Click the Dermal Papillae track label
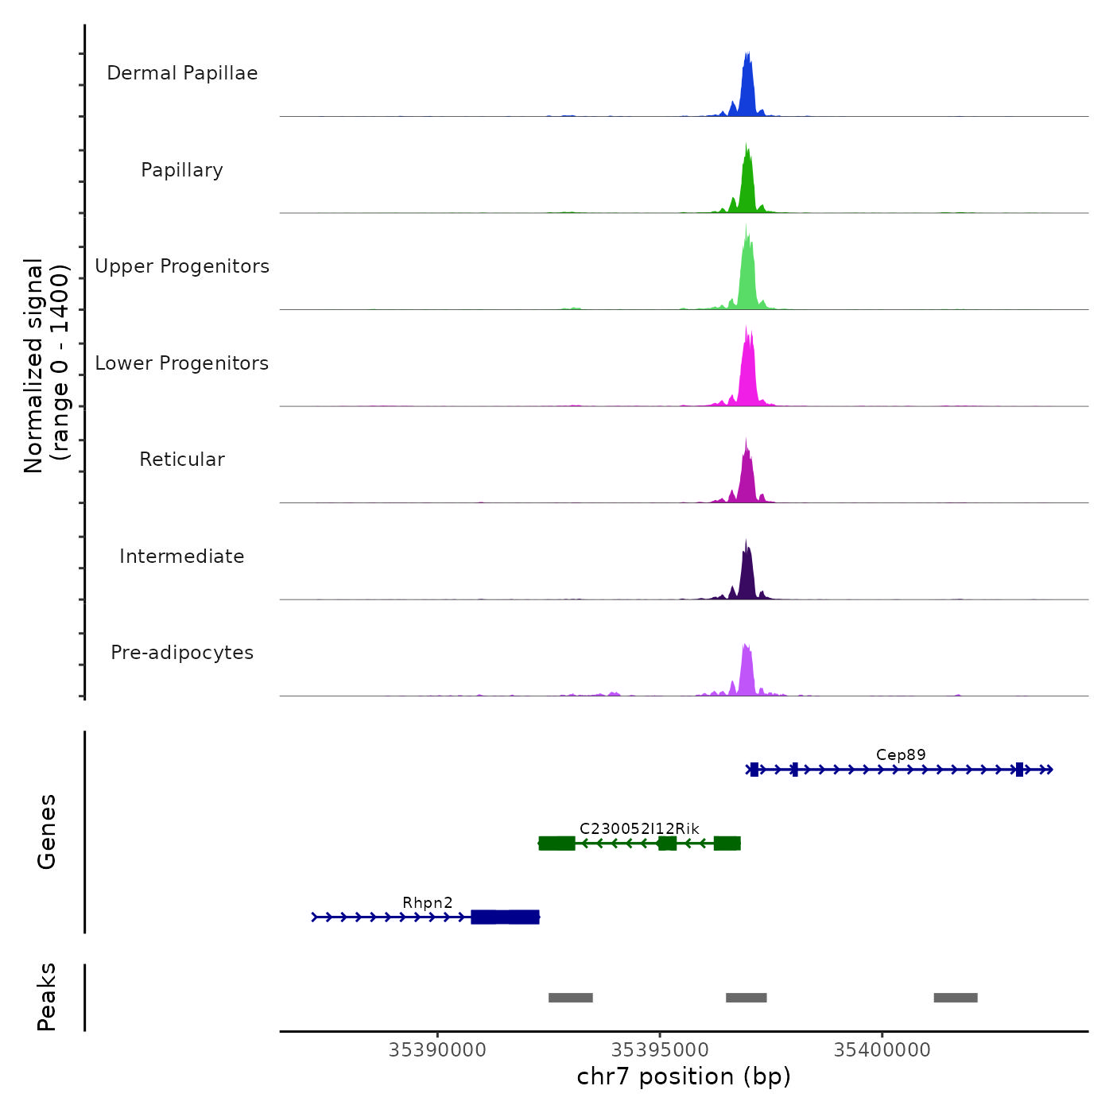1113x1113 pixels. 182,73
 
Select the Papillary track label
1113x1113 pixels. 182,170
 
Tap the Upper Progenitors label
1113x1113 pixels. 182,266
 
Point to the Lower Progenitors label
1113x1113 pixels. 182,363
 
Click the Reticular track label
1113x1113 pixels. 182,460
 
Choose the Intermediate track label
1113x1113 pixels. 182,556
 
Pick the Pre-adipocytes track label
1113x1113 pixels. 182,653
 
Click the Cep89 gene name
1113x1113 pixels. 901,755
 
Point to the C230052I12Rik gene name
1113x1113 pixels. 639,828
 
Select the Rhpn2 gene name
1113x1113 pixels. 428,903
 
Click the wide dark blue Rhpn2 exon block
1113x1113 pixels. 505,917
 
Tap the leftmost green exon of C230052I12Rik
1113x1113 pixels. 556,843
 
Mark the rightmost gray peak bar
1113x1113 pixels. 956,998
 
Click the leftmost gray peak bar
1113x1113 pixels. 571,998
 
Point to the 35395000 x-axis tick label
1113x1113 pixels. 660,1049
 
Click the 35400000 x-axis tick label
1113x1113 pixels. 882,1049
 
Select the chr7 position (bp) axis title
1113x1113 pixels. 684,1077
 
